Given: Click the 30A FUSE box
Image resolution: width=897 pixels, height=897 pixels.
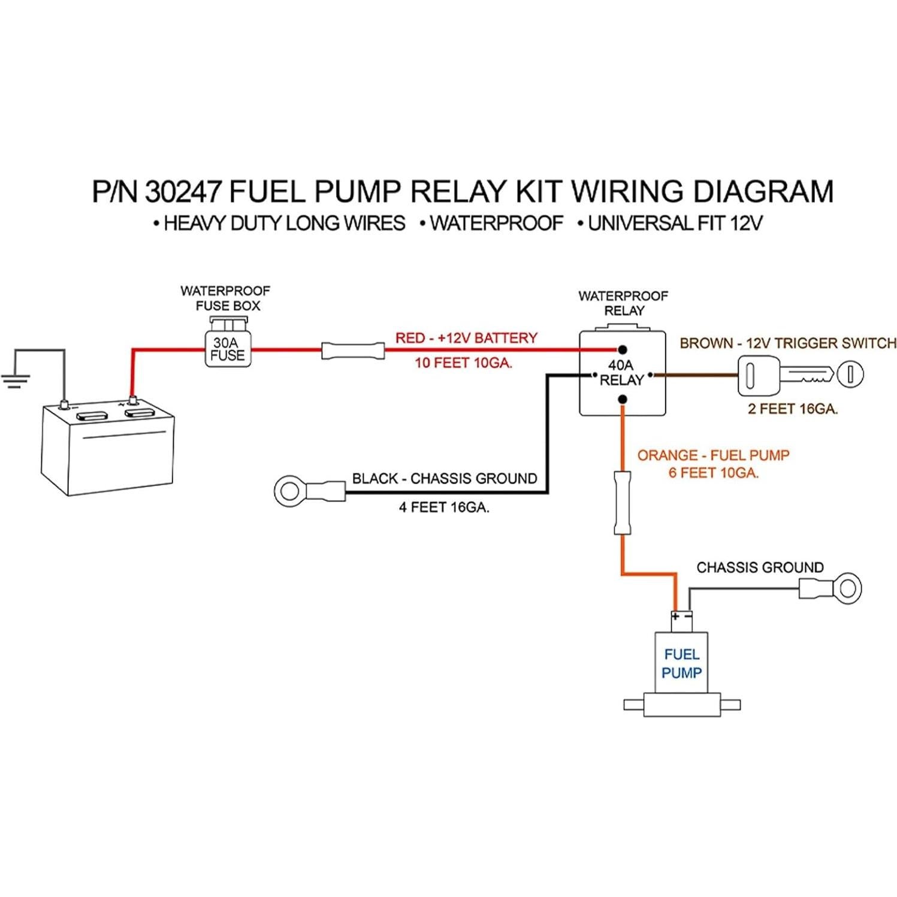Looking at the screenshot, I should coord(227,349).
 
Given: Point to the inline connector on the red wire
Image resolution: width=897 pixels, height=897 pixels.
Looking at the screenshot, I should coord(352,350).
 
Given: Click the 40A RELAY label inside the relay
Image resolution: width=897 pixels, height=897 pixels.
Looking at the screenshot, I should coord(621,373).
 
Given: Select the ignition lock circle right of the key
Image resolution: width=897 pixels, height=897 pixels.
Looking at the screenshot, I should coord(850,374).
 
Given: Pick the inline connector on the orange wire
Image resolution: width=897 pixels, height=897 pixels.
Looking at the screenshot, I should coord(623,503).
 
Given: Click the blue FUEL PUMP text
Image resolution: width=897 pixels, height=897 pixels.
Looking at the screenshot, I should coord(681,663).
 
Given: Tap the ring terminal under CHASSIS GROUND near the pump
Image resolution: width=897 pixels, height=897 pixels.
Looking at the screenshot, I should coord(846,588).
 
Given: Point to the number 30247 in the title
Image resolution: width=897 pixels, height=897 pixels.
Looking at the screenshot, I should coord(183,192).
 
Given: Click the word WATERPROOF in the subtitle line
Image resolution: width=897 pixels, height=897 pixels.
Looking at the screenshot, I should coord(496,224).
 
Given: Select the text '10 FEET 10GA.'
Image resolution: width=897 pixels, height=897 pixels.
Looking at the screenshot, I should coord(463,363).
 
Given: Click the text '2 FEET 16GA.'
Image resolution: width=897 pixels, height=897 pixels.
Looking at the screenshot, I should coord(792,409).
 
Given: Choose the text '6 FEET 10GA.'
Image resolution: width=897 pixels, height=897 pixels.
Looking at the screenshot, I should coord(713,473).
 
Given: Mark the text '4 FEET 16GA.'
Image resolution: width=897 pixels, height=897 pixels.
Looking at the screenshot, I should coord(444,508).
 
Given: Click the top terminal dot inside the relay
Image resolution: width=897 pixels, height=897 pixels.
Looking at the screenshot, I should coord(623,349).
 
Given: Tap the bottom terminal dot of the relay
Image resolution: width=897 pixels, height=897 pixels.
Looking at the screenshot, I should coord(623,399).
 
